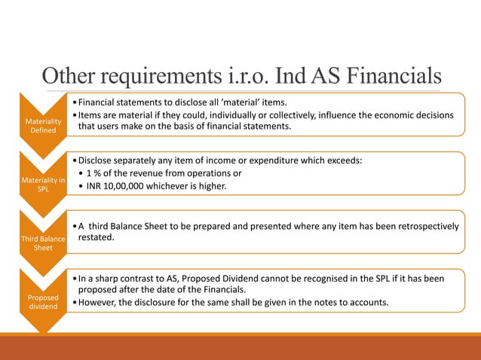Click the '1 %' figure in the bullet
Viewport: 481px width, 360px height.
[97, 173]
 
